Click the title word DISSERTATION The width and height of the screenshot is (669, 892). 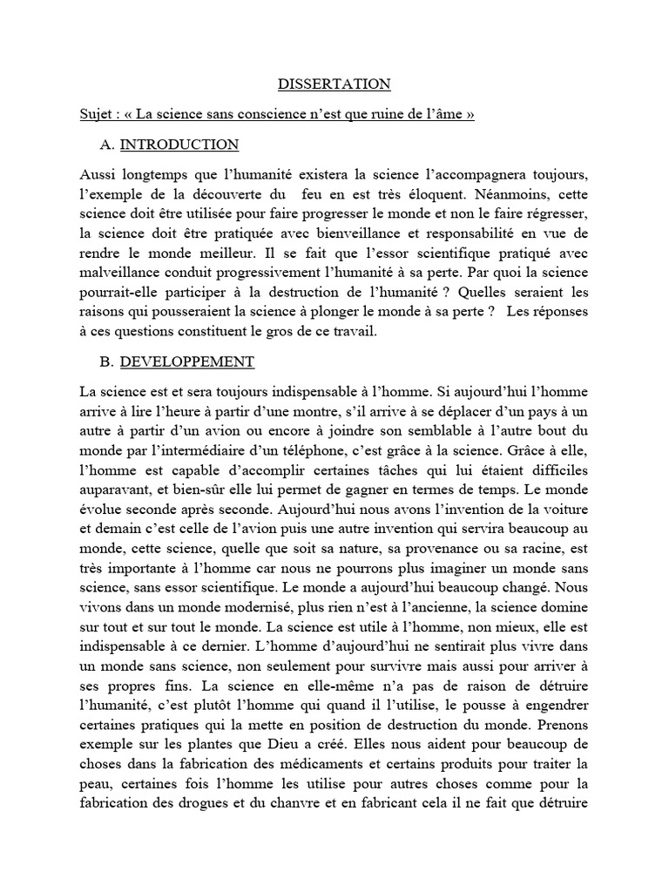click(334, 84)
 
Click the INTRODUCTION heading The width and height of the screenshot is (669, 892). click(179, 145)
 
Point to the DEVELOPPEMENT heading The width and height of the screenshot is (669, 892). click(186, 362)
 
